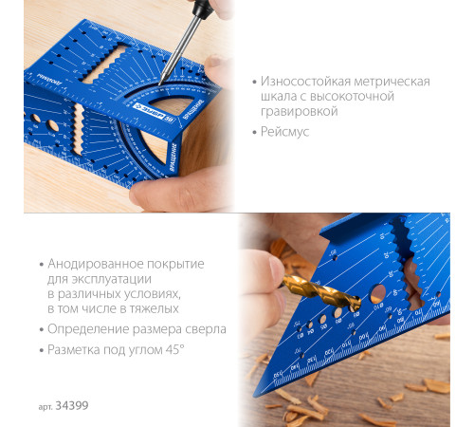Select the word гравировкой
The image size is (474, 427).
coord(300,111)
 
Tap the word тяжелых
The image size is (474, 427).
coord(152,308)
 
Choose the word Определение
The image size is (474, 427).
coord(87,329)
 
